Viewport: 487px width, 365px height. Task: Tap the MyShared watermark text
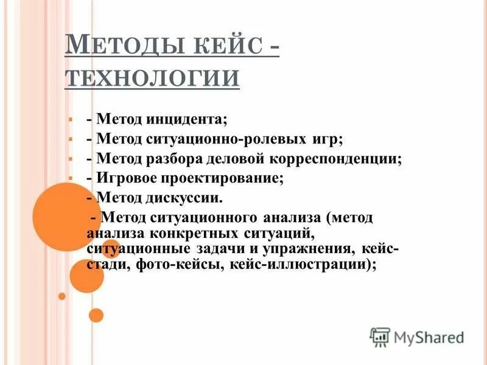429,336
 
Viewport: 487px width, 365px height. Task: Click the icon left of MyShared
380,336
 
